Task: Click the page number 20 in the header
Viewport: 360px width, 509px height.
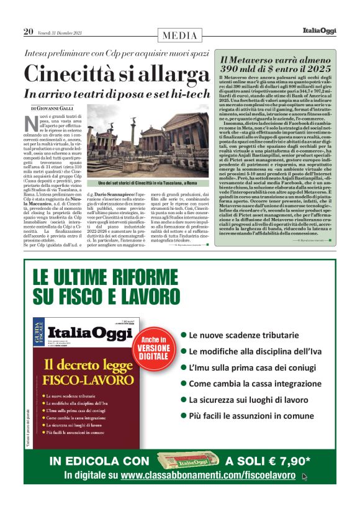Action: coord(29,31)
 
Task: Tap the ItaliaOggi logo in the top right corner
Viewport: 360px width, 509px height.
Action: coord(319,30)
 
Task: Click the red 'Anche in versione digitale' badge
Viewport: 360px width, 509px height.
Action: coord(153,346)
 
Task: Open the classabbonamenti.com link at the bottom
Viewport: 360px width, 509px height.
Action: coord(210,475)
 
